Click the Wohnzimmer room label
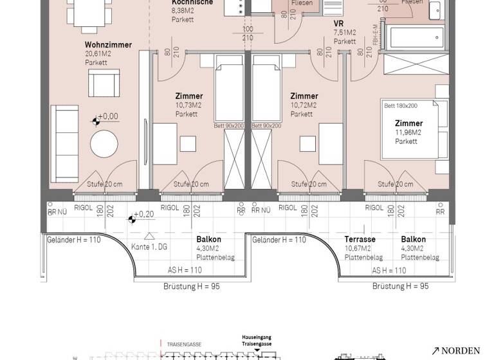tap(108, 45)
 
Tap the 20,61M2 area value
tap(98, 54)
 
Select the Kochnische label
tap(188, 2)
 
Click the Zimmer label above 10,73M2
tap(189, 96)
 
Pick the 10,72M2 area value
tap(304, 105)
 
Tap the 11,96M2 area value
tap(408, 132)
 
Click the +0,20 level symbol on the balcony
tap(131, 219)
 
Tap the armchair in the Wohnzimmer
tap(103, 84)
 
